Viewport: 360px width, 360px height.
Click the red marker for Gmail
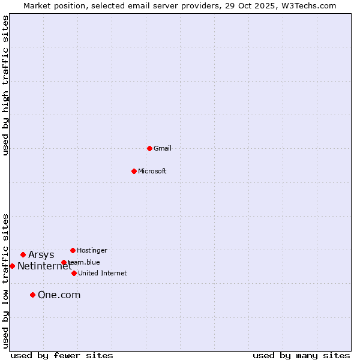pyautogui.click(x=149, y=148)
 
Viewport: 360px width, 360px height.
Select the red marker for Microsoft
pyautogui.click(x=134, y=171)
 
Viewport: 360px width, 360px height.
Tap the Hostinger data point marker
pyautogui.click(x=73, y=250)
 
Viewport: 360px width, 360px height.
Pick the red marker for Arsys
pyautogui.click(x=23, y=254)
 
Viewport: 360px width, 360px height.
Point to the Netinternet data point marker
pyautogui.click(x=12, y=266)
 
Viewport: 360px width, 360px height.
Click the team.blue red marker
pyautogui.click(x=64, y=262)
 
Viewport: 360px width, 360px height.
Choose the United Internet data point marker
pyautogui.click(x=74, y=273)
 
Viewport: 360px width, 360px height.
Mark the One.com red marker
pyautogui.click(x=32, y=295)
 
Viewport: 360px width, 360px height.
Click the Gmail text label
pyautogui.click(x=163, y=148)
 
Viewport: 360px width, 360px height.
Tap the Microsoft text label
pyautogui.click(x=152, y=171)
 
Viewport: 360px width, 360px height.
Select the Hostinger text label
pyautogui.click(x=92, y=250)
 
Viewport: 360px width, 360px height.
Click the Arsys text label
pyautogui.click(x=41, y=254)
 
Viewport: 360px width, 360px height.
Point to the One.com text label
pyautogui.click(x=59, y=295)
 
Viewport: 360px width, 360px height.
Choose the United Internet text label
pyautogui.click(x=103, y=273)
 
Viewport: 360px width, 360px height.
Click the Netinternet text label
pyautogui.click(x=44, y=266)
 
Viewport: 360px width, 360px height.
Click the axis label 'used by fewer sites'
pyautogui.click(x=62, y=355)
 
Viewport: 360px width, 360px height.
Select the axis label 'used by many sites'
pyautogui.click(x=301, y=355)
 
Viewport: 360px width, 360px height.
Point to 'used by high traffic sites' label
pyautogui.click(x=5, y=85)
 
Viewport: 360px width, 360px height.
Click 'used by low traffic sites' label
pyautogui.click(x=5, y=281)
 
